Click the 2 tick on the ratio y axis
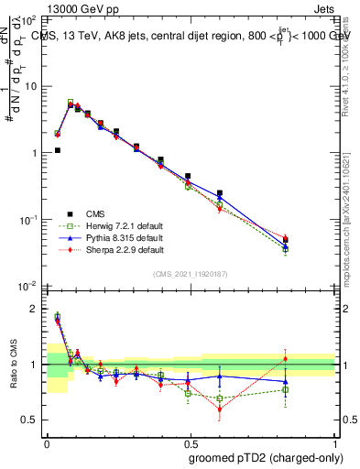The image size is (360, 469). (x=34, y=309)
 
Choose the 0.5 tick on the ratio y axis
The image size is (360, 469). (x=30, y=420)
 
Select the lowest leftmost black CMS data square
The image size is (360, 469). (x=57, y=150)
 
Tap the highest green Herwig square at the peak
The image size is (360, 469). (x=71, y=103)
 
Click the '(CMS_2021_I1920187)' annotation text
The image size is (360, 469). (x=191, y=274)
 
